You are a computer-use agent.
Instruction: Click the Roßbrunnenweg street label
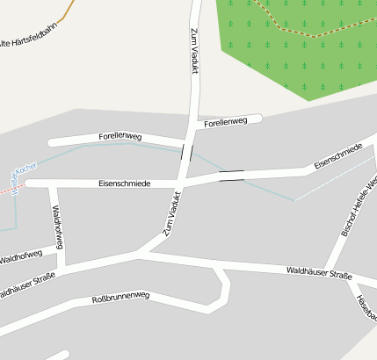click(x=121, y=300)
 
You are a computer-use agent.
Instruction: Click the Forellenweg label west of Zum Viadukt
click(x=120, y=138)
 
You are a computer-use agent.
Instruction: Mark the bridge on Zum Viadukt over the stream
click(x=187, y=153)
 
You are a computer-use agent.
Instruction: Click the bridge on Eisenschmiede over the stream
click(x=232, y=176)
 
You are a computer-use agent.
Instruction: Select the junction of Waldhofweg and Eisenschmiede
click(x=53, y=184)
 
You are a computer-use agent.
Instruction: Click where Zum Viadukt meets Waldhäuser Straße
click(x=141, y=255)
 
